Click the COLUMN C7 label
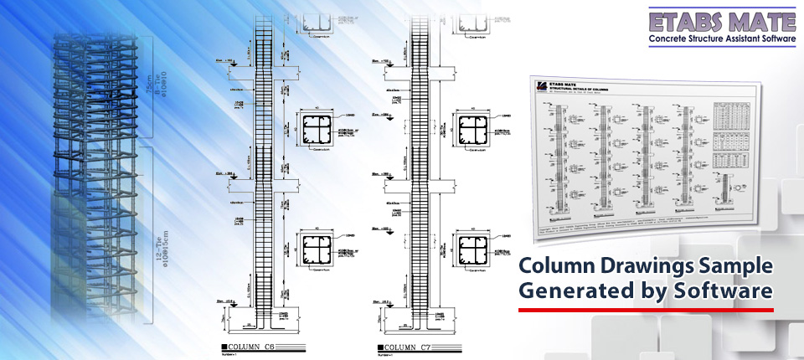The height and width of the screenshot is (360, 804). pos(413,345)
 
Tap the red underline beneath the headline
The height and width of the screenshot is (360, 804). pos(645,310)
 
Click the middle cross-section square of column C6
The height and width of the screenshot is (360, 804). pos(317,131)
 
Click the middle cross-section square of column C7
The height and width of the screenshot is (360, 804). pos(472,131)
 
